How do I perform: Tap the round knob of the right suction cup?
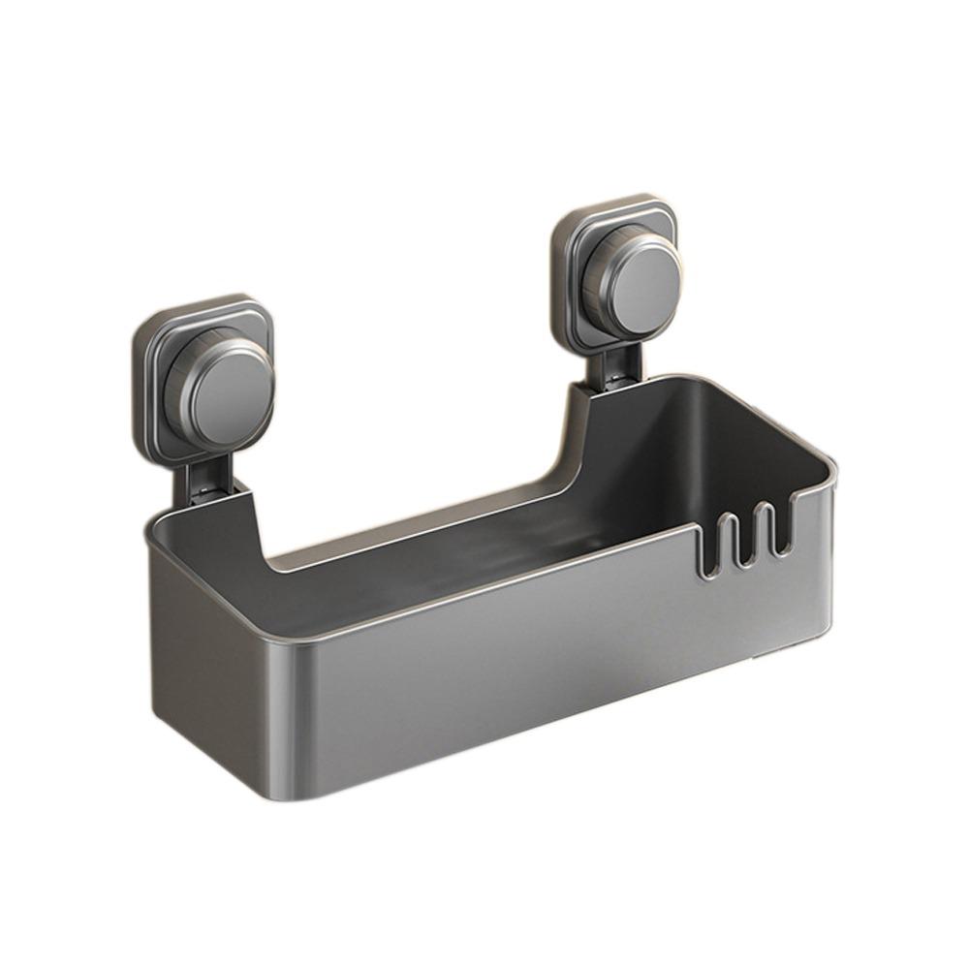tap(640, 281)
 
